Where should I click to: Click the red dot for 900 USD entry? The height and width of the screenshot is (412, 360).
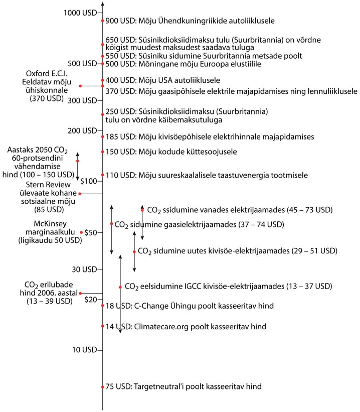pos(103,21)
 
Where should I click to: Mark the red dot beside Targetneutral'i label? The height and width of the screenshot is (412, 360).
pos(103,387)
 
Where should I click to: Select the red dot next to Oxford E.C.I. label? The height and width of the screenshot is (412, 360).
pos(80,86)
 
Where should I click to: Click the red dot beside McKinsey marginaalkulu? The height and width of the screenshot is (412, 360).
pos(81,232)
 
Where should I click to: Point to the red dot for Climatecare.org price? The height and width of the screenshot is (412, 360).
pos(103,327)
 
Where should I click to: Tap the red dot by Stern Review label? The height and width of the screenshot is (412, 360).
pos(79,194)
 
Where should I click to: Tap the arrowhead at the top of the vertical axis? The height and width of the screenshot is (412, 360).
pos(103,4)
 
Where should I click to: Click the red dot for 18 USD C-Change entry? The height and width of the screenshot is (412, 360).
pos(103,306)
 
